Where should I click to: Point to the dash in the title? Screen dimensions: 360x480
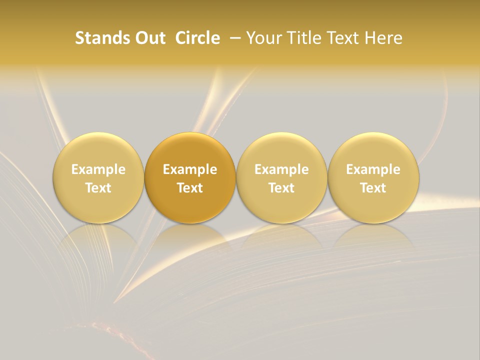(x=236, y=38)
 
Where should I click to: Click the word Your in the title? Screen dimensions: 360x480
(x=263, y=38)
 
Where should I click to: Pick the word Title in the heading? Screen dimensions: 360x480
(x=300, y=38)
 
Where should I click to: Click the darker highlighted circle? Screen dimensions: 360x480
(x=190, y=177)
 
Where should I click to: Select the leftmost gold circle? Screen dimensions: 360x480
(x=98, y=177)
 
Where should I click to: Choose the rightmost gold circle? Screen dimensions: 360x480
(x=373, y=177)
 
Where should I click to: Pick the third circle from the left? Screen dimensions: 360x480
(x=281, y=177)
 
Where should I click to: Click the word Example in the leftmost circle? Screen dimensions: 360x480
(x=98, y=169)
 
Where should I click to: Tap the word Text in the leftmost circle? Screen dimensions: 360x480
(x=98, y=188)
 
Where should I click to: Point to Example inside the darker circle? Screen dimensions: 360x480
(x=190, y=169)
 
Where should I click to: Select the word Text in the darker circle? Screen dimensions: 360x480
(x=190, y=188)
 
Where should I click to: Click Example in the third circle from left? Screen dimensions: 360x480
(x=281, y=169)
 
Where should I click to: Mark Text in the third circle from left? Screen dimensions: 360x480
(x=281, y=188)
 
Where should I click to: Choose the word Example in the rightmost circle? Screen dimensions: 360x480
(x=373, y=169)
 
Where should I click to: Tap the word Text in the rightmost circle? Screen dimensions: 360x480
(x=373, y=188)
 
